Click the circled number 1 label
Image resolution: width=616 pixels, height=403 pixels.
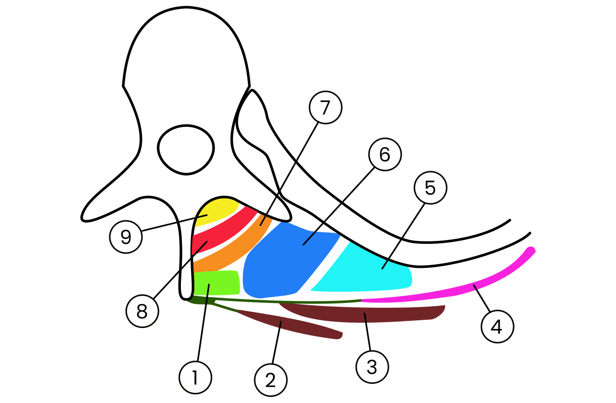[x=195, y=378]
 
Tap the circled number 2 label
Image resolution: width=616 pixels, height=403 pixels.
[x=271, y=380]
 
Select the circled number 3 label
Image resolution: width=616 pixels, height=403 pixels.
[x=372, y=367]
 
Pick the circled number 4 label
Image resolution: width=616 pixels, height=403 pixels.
[x=497, y=327]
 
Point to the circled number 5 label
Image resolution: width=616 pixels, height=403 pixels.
[x=430, y=188]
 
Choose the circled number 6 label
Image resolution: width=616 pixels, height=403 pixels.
[x=385, y=154]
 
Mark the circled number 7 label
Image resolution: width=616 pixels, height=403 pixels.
[x=325, y=107]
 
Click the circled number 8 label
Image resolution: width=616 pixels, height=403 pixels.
[x=142, y=311]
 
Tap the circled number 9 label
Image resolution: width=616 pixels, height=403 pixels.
[x=126, y=237]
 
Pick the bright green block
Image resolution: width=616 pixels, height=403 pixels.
[x=217, y=283]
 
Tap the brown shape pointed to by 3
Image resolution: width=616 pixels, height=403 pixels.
[x=363, y=313]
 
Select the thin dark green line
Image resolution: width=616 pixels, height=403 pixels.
[x=275, y=301]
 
